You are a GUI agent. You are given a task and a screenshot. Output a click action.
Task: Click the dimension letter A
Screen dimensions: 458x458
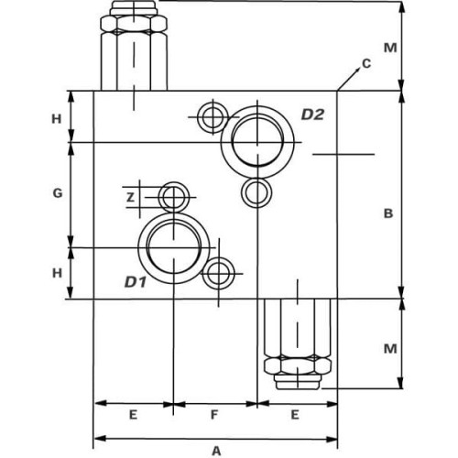click(216, 451)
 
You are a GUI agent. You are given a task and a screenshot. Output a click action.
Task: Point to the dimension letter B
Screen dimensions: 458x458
click(388, 213)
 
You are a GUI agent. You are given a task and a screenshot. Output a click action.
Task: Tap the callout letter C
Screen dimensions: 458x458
click(366, 63)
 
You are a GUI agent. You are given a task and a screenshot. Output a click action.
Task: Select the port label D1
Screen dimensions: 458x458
click(136, 282)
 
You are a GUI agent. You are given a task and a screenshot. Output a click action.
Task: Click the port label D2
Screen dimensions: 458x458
click(312, 114)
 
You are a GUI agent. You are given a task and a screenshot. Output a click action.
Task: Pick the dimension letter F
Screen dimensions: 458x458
click(214, 415)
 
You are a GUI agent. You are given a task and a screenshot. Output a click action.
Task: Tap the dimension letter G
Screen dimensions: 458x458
click(58, 193)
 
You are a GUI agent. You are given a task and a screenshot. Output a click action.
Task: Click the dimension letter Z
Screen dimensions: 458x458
click(131, 198)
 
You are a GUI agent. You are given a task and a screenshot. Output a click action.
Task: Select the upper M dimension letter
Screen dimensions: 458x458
click(390, 48)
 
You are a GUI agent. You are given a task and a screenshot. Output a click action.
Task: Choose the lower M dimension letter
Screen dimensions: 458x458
click(390, 349)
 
